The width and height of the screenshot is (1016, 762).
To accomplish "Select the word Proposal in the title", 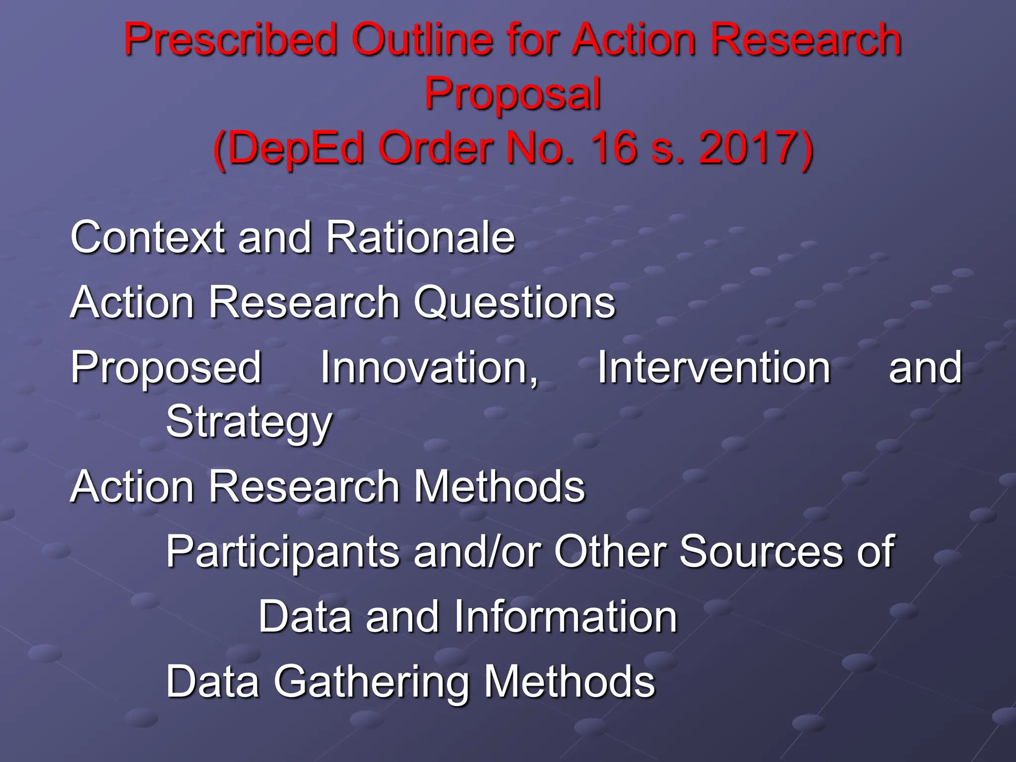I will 512,94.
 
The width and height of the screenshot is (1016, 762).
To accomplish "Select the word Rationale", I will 420,237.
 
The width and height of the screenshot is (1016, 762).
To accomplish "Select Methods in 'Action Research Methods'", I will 499,486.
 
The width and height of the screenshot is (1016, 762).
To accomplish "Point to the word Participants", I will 281,552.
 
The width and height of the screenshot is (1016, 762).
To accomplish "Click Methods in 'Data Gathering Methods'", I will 569,682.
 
